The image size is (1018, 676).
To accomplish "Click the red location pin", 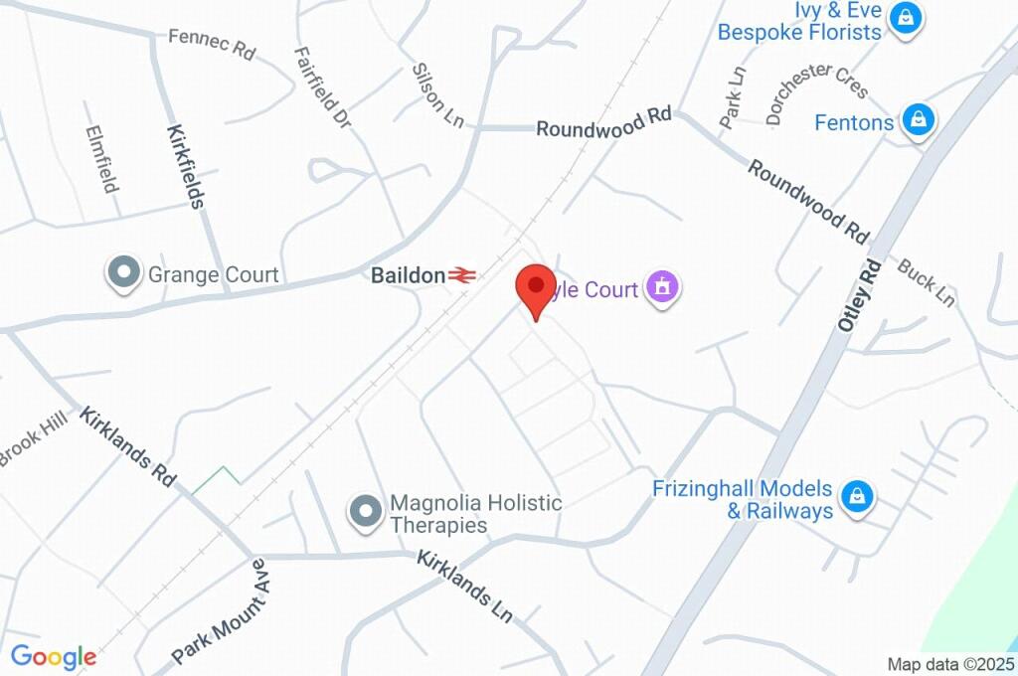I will pos(536,287).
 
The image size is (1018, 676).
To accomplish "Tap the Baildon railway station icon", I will pos(460,275).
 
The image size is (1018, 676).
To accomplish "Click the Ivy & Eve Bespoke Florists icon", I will pos(906,18).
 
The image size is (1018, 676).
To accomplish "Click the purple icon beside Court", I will pos(661,288).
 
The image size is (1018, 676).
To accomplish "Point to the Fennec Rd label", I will pos(212,44).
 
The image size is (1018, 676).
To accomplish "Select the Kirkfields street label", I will pos(185,166).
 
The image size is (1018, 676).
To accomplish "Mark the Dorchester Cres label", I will pos(817,93).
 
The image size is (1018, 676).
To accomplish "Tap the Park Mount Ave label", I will pos(221,611).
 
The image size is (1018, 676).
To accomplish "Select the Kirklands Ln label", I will pos(464,586).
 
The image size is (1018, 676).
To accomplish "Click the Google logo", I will pos(54,656).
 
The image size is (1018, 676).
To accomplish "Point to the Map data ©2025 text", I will pos(950,664).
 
